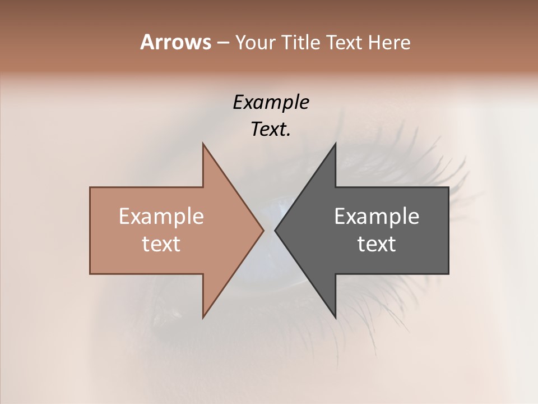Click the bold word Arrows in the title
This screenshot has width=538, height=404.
point(175,42)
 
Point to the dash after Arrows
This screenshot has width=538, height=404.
point(222,43)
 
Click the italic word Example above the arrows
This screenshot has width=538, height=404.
point(271,102)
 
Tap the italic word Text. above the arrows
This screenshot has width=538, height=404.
point(271,130)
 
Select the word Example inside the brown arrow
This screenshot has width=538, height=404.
point(161,216)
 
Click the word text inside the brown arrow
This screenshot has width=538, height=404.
point(161,244)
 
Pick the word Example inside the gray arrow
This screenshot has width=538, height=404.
point(377,216)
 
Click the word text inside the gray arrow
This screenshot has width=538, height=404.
point(377,244)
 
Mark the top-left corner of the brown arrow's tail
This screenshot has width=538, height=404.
point(91,188)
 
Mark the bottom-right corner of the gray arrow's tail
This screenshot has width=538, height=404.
point(448,273)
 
